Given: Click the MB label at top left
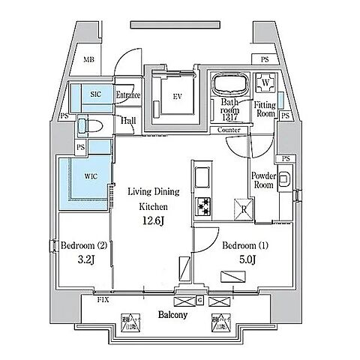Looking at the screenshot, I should (88, 59).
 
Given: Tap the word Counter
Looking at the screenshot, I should (229, 130).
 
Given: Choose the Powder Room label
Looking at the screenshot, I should (264, 183).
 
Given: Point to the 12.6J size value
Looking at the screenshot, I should (151, 220).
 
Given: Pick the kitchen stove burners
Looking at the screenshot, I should (203, 205).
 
